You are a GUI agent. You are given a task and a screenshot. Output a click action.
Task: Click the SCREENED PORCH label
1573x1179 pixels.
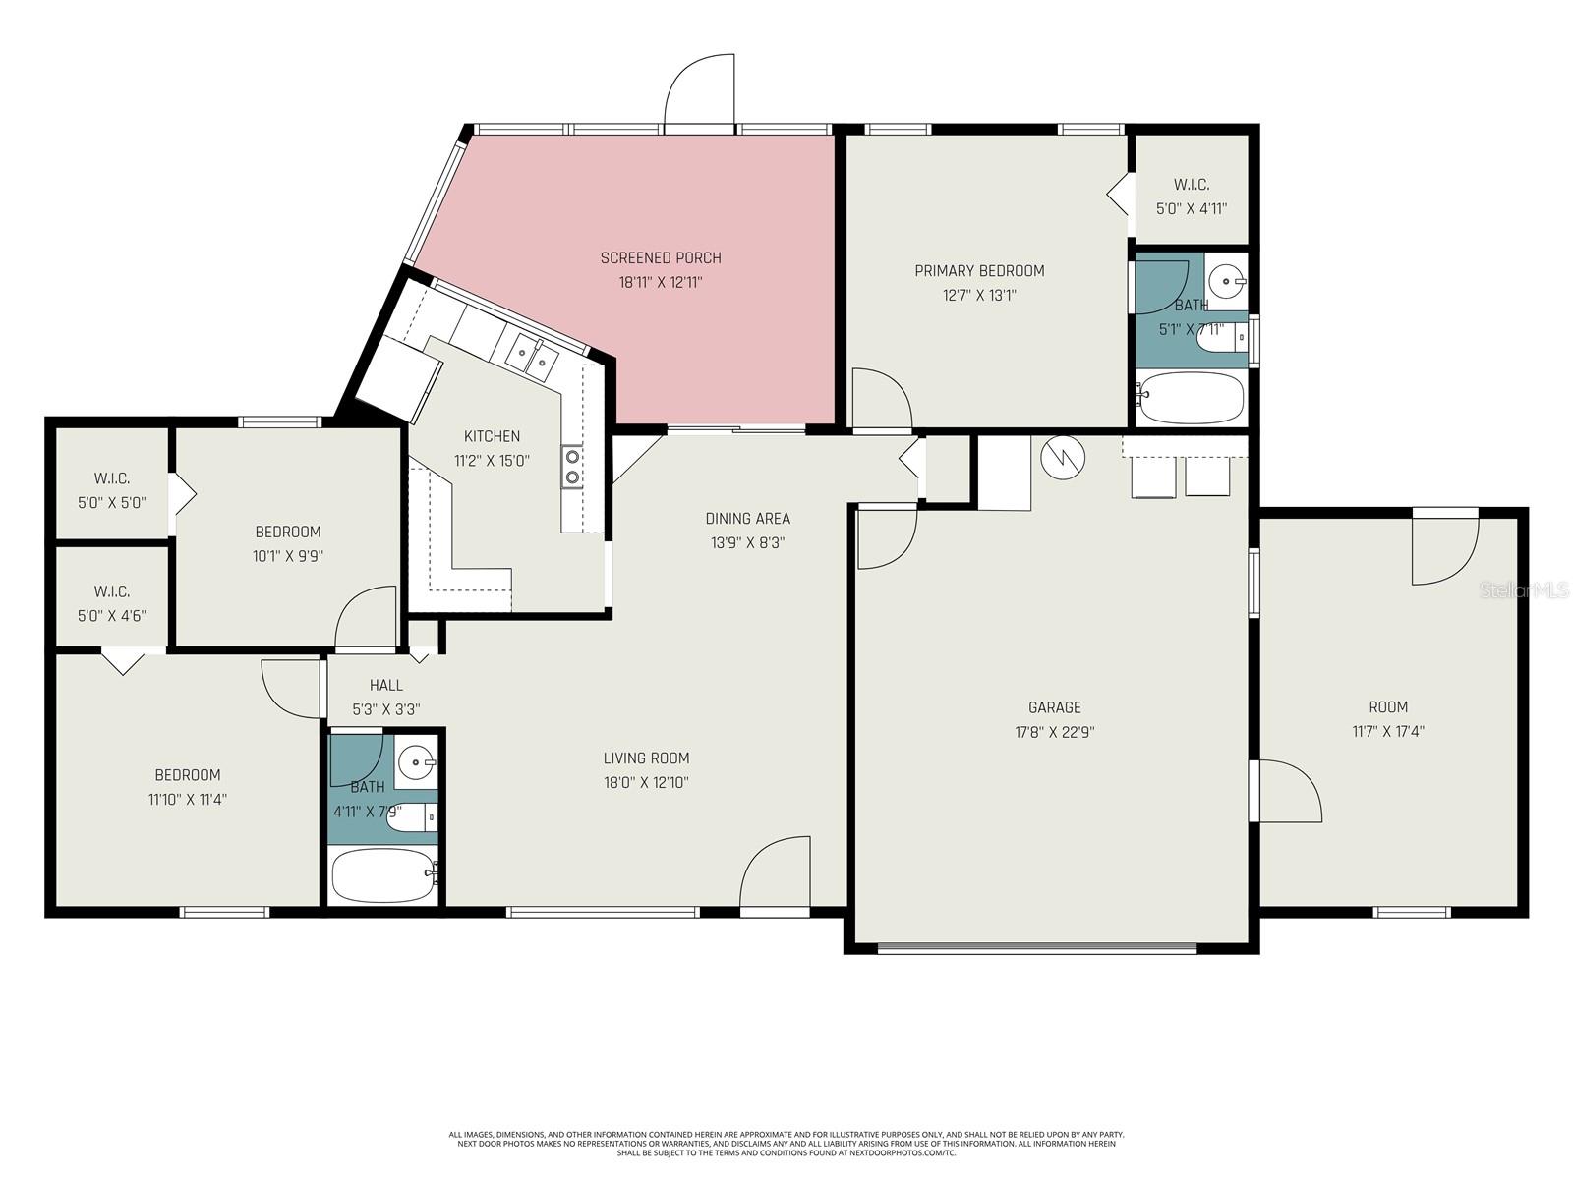pos(661,258)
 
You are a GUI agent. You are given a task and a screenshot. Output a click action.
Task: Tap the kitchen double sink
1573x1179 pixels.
pos(532,356)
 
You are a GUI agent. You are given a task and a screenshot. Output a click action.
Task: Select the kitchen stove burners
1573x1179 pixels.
pos(571,467)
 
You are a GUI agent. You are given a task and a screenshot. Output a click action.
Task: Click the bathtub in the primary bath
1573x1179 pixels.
pos(1191,398)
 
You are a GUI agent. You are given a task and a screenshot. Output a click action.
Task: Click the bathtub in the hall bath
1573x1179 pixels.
pos(383,875)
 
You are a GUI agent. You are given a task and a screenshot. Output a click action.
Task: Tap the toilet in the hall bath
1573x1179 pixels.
pos(411,816)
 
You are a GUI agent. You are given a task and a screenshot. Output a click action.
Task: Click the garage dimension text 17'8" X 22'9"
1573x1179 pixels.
pos(1055,732)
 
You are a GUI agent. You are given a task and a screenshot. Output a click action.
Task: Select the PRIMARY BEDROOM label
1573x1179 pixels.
pos(979,271)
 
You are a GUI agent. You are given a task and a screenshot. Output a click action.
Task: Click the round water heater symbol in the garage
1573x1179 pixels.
pos(1063,456)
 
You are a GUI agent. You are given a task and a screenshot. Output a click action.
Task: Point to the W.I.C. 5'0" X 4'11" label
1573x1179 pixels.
pos(1192,196)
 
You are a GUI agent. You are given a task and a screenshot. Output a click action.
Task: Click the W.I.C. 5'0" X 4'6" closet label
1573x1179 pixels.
pos(112,603)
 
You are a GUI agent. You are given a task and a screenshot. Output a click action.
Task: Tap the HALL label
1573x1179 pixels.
pos(386,685)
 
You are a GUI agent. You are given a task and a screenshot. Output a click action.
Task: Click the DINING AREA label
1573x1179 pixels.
pos(747,519)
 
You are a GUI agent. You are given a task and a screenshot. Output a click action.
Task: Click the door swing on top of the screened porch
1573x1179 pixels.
pos(701,93)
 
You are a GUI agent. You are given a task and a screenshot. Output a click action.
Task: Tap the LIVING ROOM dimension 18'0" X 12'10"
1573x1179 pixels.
pos(646,783)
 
